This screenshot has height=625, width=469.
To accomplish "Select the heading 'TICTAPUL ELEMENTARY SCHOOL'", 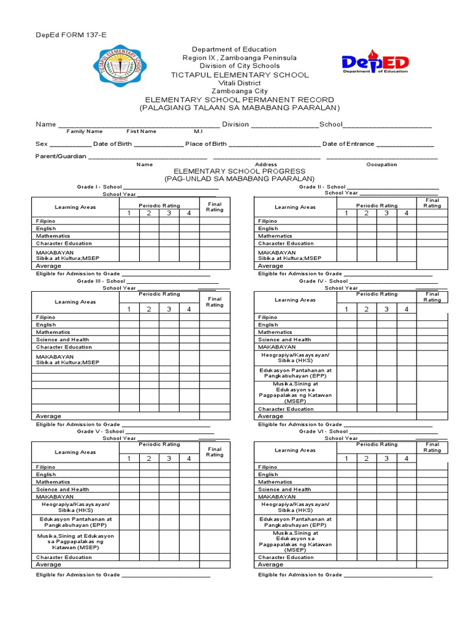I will [234, 74].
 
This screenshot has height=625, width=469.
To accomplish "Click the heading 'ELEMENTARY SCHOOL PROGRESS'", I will [234, 172].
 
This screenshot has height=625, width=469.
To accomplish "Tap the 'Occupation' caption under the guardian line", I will [381, 164].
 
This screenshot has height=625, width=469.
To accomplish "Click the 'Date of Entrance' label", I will [347, 144].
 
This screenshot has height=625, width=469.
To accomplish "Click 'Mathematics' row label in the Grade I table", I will [53, 236].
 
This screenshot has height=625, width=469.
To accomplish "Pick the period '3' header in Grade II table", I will [386, 213].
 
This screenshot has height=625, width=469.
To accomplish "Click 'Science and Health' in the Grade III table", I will [62, 339].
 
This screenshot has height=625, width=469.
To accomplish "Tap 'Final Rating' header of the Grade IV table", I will [432, 297].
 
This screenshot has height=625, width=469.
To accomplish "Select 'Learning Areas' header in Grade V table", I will [75, 452].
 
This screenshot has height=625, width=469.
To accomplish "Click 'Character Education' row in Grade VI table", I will [286, 557].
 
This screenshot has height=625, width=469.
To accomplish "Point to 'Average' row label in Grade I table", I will [49, 266].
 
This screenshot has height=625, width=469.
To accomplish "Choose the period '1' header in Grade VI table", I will [346, 458].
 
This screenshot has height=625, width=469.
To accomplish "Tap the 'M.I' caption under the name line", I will [198, 131].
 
